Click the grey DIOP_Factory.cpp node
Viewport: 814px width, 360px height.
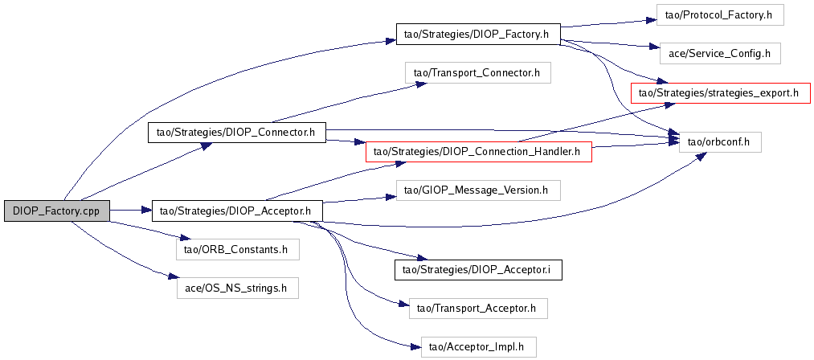pyautogui.click(x=57, y=211)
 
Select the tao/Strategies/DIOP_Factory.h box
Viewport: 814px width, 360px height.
pyautogui.click(x=478, y=34)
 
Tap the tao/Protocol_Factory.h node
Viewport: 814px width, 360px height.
pyautogui.click(x=719, y=15)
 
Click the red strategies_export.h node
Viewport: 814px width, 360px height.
pyautogui.click(x=721, y=92)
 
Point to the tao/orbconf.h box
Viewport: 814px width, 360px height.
pyautogui.click(x=720, y=141)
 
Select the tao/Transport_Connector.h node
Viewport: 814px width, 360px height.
pyautogui.click(x=477, y=73)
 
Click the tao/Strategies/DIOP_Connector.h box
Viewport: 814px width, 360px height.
pyautogui.click(x=237, y=132)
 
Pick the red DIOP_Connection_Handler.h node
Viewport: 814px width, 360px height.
pyautogui.click(x=479, y=151)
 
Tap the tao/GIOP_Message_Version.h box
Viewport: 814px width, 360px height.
pyautogui.click(x=478, y=190)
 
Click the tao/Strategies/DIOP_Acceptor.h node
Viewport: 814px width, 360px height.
pyautogui.click(x=237, y=211)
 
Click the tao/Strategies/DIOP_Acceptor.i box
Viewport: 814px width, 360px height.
pyautogui.click(x=478, y=270)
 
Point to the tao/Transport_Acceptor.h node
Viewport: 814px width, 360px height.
pyautogui.click(x=478, y=309)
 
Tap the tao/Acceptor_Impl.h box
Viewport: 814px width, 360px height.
pyautogui.click(x=478, y=346)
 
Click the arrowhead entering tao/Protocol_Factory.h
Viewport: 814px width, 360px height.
pyautogui.click(x=652, y=20)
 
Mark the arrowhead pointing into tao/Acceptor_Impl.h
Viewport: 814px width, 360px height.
pyautogui.click(x=415, y=347)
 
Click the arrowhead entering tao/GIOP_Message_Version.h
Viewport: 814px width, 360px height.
pyautogui.click(x=392, y=196)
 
